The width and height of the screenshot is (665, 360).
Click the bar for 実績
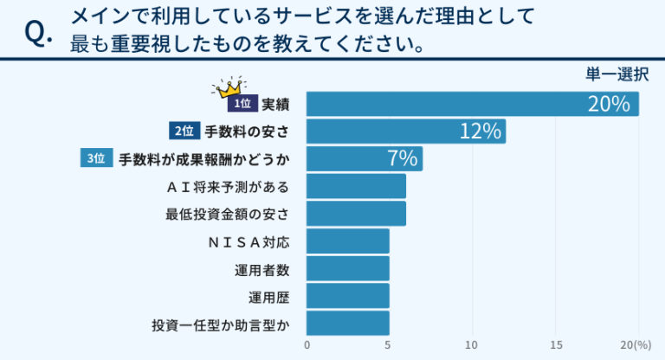[473, 104]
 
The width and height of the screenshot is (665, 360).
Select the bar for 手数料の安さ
[406, 132]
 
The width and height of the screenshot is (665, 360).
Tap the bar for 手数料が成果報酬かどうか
[365, 159]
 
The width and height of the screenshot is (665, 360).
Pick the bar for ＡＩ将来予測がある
[356, 186]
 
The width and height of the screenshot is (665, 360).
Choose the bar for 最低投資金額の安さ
[356, 214]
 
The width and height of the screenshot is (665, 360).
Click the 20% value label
[608, 104]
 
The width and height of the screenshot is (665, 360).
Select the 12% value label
[481, 132]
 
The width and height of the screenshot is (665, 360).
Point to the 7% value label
[403, 159]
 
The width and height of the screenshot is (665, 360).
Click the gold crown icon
[230, 86]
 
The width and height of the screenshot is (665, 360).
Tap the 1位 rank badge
[242, 104]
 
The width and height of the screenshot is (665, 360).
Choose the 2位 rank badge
[184, 132]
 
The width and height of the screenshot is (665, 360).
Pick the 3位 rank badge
[97, 159]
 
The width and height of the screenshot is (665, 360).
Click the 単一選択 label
[617, 74]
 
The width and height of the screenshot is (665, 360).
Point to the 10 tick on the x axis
[473, 345]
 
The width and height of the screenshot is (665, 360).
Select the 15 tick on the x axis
[556, 345]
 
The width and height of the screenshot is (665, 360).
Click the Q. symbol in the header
[40, 33]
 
